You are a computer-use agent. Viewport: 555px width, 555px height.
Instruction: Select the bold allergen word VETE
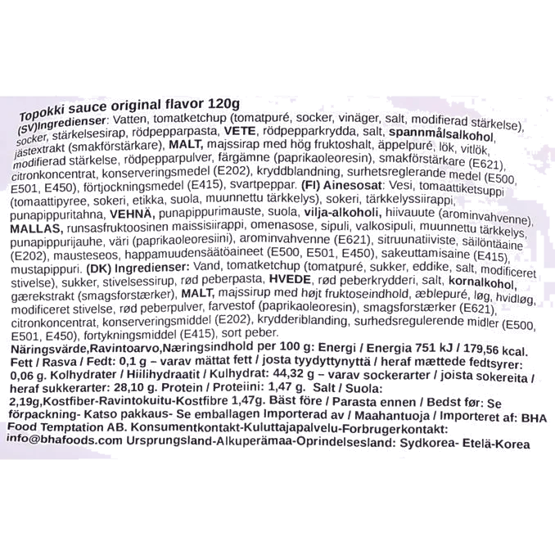[240, 131]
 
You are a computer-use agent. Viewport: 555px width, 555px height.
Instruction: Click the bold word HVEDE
[290, 280]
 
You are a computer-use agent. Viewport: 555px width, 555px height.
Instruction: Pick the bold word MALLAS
[37, 228]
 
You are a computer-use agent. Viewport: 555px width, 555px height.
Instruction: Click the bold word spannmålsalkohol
[441, 135]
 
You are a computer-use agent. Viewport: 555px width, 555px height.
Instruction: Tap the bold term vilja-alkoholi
[342, 213]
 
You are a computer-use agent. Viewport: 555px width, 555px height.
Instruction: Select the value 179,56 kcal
[494, 350]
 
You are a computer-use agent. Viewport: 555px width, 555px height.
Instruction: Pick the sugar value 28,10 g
[134, 387]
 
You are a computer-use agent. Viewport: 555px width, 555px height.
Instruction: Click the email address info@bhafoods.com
[64, 440]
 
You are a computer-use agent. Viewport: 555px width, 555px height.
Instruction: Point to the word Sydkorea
[426, 443]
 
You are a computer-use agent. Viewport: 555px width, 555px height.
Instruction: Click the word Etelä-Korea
[496, 444]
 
